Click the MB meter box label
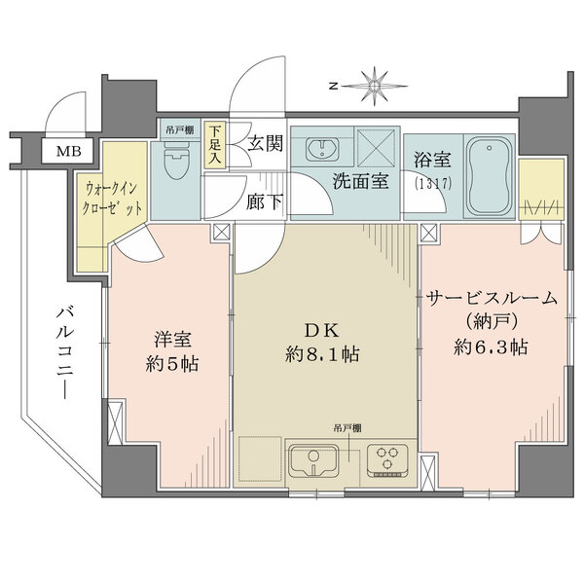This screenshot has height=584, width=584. point(68,151)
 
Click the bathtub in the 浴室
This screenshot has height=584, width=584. point(489,178)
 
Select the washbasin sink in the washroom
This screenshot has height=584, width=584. point(321,148)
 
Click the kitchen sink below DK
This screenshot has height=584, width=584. point(312,457)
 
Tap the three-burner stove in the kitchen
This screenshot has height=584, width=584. point(389,457)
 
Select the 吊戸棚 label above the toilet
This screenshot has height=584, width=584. point(177,128)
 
